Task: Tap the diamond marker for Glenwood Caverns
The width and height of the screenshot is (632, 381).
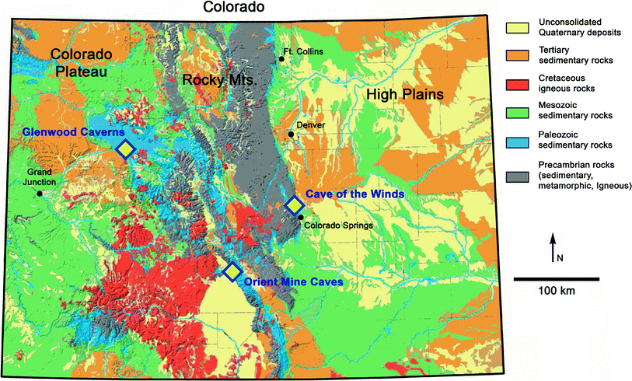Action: coord(125,149)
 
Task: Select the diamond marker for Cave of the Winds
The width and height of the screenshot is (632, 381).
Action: coord(295,205)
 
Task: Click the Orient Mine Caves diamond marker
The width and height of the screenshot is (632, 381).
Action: coord(232,271)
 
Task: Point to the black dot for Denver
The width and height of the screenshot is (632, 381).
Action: coord(291,135)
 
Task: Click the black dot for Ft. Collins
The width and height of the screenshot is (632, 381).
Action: coord(282,59)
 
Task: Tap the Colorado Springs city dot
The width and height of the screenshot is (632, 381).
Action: coord(300,217)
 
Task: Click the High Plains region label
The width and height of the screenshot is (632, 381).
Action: coord(404,94)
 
